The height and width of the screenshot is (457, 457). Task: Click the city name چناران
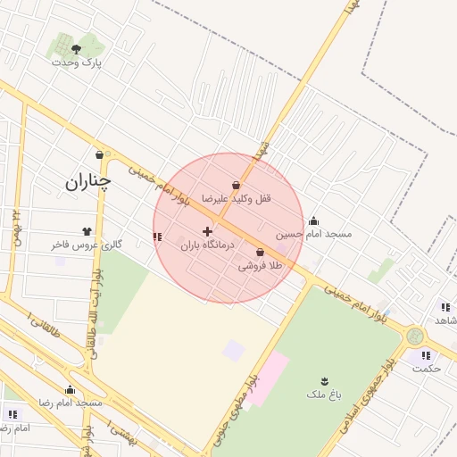88,182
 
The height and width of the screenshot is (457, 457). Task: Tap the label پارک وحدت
77,62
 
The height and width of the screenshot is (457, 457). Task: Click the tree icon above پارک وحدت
76,48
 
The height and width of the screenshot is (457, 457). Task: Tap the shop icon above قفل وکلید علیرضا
236,186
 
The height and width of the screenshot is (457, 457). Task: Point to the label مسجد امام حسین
313,234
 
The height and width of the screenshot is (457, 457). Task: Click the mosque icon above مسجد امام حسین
313,221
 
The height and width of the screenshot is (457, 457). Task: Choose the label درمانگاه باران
206,245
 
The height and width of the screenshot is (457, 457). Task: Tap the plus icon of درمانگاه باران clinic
207,232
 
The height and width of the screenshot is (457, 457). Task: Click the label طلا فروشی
260,265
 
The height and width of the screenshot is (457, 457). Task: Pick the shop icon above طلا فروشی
260,253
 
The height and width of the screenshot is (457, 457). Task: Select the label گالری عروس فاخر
85,244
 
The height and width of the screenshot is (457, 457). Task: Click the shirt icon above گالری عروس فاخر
87,231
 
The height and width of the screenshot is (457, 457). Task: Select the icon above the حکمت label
425,355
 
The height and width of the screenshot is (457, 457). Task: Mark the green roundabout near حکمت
414,337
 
